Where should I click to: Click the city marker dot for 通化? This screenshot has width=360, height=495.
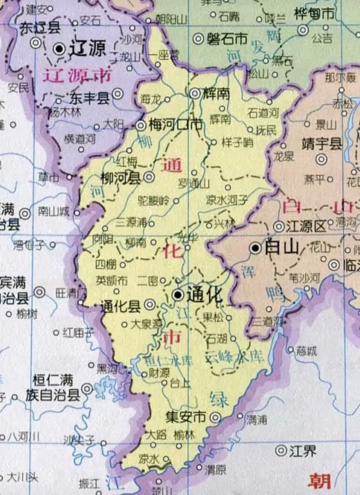click(x=178, y=295)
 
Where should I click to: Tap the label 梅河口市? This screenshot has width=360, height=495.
click(x=175, y=125)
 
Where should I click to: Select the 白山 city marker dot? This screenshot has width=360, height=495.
click(x=255, y=248)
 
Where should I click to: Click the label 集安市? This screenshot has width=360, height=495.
click(x=186, y=417)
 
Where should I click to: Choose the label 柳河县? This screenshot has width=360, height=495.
click(x=121, y=178)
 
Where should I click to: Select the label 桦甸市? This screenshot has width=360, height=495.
click(x=314, y=14)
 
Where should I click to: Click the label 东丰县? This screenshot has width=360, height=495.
click(x=89, y=98)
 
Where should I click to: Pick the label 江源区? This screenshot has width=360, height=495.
click(x=306, y=227)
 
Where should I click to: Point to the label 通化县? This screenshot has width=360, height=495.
click(x=121, y=306)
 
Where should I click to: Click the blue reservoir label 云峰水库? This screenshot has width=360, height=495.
click(x=235, y=357)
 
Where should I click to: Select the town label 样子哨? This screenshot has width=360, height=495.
click(x=237, y=142)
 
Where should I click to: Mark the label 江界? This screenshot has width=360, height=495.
click(x=302, y=451)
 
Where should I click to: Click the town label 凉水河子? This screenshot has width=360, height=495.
click(x=227, y=200)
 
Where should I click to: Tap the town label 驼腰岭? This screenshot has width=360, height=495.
click(x=154, y=201)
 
